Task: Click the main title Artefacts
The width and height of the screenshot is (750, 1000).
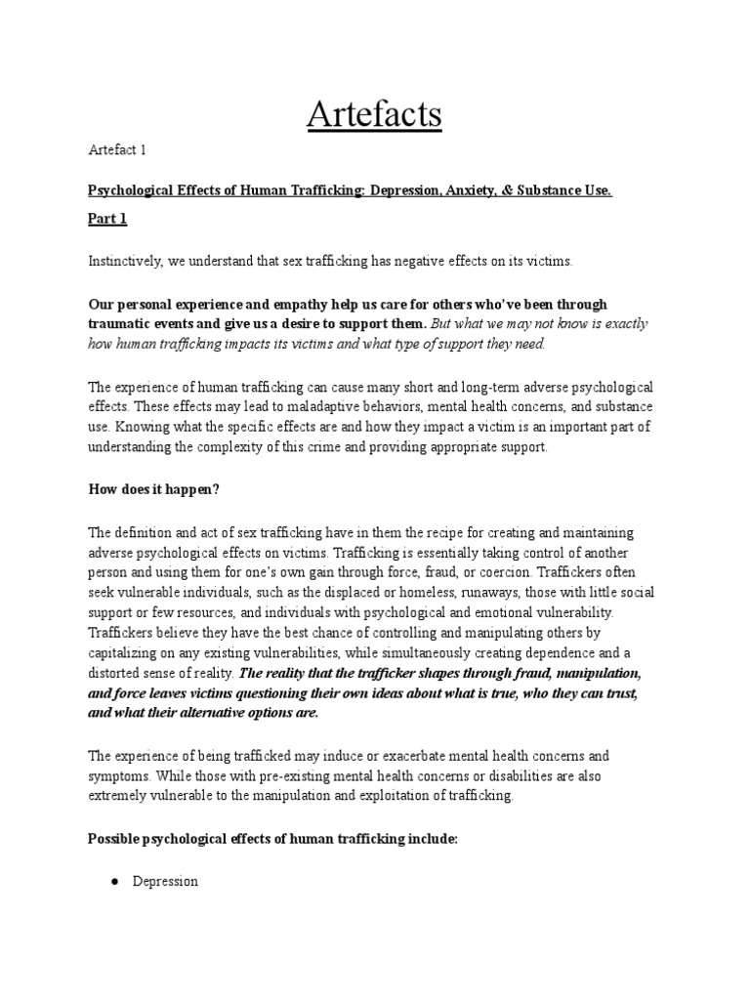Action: point(375,114)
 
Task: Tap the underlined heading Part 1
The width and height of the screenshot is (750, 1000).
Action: point(107,219)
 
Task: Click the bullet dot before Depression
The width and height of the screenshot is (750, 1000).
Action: point(114,881)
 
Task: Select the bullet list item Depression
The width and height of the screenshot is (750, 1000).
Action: point(165,881)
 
